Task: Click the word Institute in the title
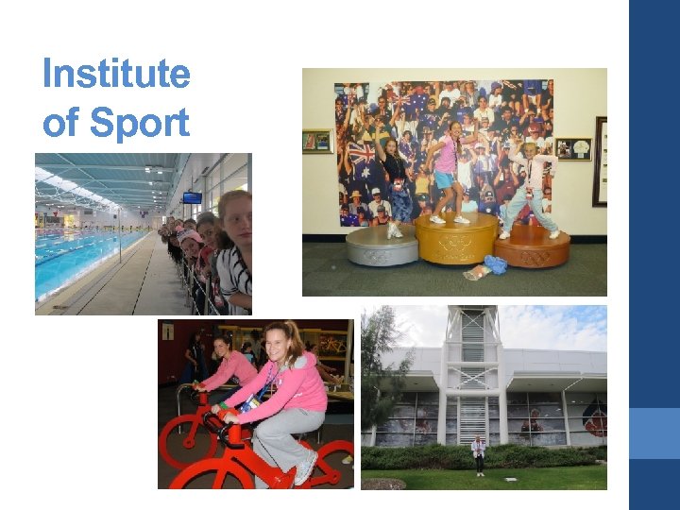point(116,74)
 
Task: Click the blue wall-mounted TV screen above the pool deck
point(192,197)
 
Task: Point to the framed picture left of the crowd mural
point(317,142)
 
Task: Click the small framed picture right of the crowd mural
point(573,148)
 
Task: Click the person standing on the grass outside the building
point(479,453)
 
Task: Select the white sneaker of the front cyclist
point(307,468)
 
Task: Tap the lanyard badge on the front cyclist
point(249,405)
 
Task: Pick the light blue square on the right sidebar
point(654,433)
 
